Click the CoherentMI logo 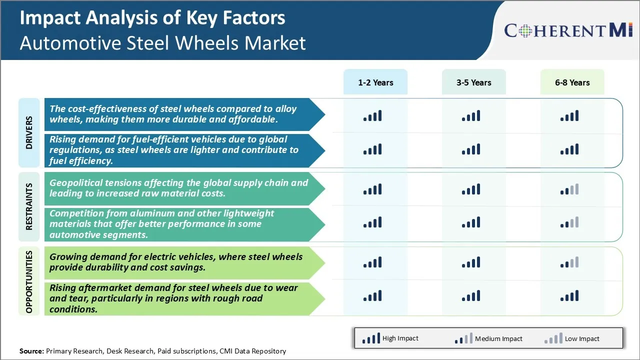tap(568, 30)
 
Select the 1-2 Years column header tap(375, 82)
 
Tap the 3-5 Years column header tap(473, 82)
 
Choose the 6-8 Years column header tap(572, 82)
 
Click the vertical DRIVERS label tap(29, 132)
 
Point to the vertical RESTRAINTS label tap(29, 206)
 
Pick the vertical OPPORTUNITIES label tap(29, 281)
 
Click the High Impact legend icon tap(370, 339)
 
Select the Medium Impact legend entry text tap(498, 338)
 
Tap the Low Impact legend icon tap(553, 339)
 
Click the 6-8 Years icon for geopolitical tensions tap(569, 189)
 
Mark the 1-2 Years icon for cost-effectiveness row tap(372, 116)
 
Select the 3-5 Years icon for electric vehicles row tap(471, 262)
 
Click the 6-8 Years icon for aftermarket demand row tap(569, 296)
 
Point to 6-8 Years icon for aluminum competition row tap(569, 222)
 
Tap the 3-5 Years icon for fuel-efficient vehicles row tap(471, 149)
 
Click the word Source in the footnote tap(31, 351)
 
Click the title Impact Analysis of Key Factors tap(152, 18)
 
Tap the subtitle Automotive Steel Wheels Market tap(162, 43)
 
